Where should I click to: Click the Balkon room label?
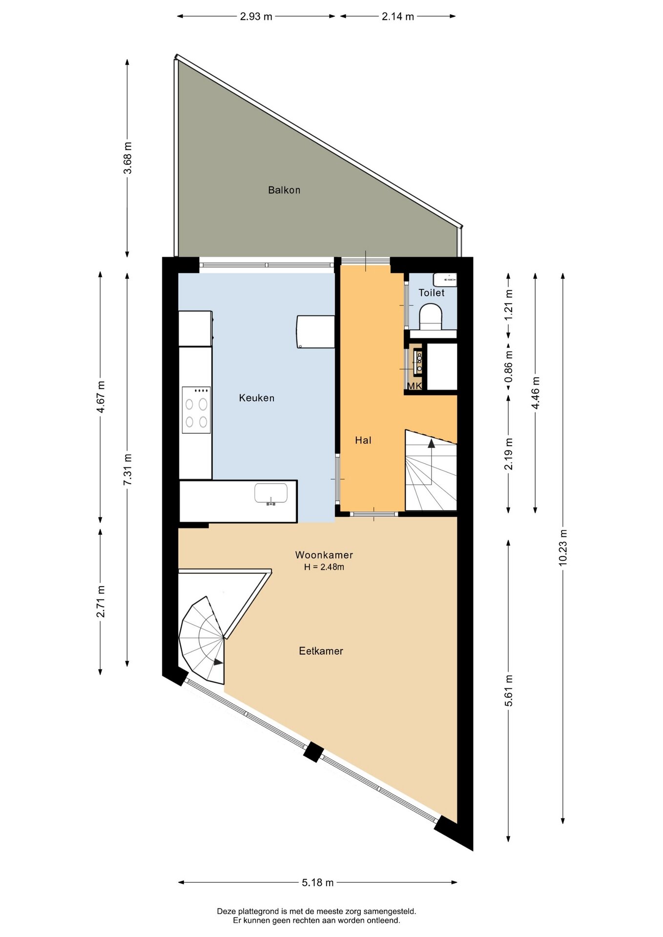click(x=284, y=190)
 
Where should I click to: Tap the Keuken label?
click(x=257, y=398)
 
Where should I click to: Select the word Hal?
click(x=363, y=440)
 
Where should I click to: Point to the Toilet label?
click(x=432, y=293)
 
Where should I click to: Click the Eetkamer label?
click(x=321, y=651)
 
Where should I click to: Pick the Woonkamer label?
click(x=324, y=555)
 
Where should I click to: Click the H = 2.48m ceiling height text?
click(x=324, y=567)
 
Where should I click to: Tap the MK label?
click(x=414, y=386)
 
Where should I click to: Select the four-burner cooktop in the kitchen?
click(x=196, y=410)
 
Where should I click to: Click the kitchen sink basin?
click(x=271, y=493)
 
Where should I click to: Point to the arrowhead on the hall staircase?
click(x=431, y=443)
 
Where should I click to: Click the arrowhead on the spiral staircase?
click(x=218, y=662)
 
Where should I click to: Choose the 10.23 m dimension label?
click(x=563, y=548)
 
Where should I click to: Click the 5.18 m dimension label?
click(x=318, y=882)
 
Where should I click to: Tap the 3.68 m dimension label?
click(x=127, y=158)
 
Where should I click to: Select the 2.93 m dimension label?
click(x=256, y=17)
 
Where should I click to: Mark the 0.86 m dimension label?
click(x=509, y=367)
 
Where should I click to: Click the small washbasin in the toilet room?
click(x=445, y=280)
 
